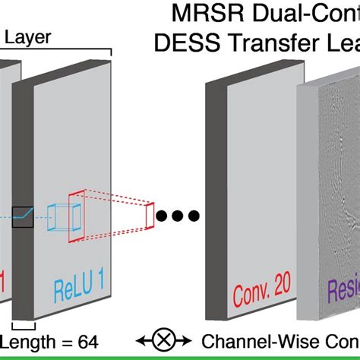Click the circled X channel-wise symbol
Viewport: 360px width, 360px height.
coord(164,342)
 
